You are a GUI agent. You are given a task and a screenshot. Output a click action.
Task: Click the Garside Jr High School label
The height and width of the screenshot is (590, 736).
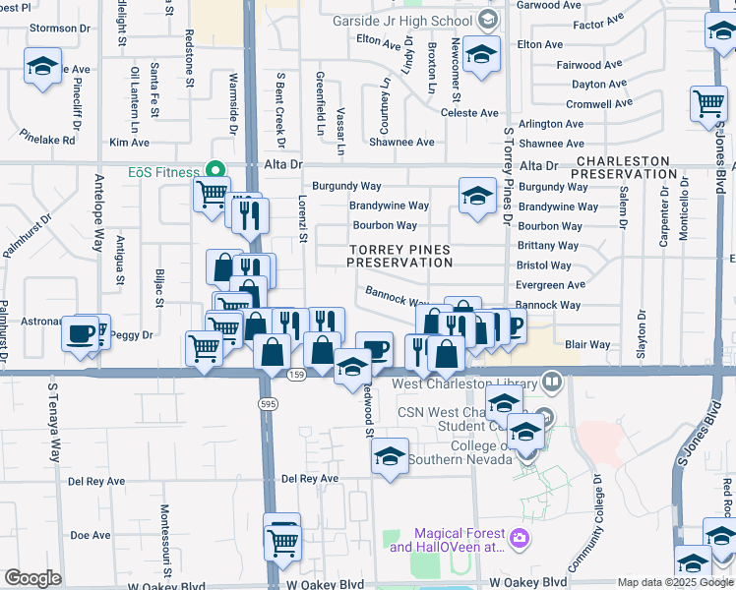point(402,21)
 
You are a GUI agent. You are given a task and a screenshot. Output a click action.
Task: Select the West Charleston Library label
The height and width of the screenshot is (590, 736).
point(467,383)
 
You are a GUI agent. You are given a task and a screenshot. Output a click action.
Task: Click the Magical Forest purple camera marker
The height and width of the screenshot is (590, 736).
point(519,537)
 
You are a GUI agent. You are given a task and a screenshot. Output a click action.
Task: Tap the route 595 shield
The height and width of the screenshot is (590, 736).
point(267,404)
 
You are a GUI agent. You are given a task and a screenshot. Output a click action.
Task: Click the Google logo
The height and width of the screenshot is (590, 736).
point(32,578)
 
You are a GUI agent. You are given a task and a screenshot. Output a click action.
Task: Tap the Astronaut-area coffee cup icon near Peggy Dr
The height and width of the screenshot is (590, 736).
point(79,333)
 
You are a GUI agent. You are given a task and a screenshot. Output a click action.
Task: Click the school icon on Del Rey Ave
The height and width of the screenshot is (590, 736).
point(390,456)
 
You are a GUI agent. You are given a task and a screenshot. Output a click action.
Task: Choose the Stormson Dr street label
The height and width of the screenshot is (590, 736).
point(60,28)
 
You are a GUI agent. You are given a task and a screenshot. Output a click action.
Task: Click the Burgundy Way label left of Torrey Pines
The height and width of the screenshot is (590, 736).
point(346,186)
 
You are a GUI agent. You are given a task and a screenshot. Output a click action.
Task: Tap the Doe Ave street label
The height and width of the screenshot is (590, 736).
point(90,535)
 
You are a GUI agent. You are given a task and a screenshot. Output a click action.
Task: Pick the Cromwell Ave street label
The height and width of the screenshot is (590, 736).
point(599,104)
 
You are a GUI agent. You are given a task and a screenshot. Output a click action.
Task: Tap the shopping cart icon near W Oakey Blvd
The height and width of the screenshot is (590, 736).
point(282,539)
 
